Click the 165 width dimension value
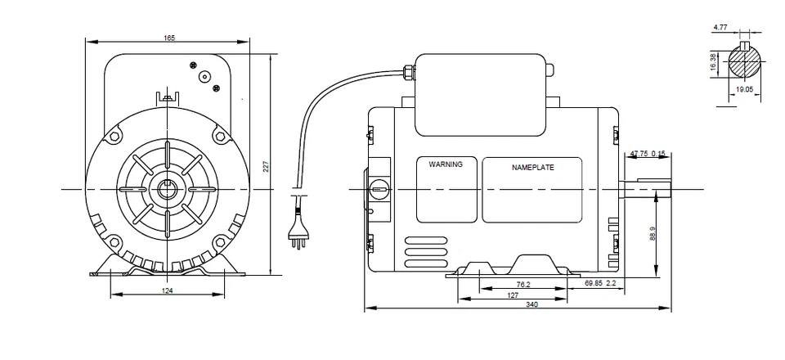[x=169, y=38]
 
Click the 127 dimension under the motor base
[x=512, y=295]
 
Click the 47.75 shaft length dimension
[x=639, y=153]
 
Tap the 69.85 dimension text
[x=599, y=284]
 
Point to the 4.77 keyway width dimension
[x=720, y=27]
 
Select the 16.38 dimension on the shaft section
[x=714, y=63]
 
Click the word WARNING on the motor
[x=446, y=164]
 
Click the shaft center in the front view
[x=167, y=190]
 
